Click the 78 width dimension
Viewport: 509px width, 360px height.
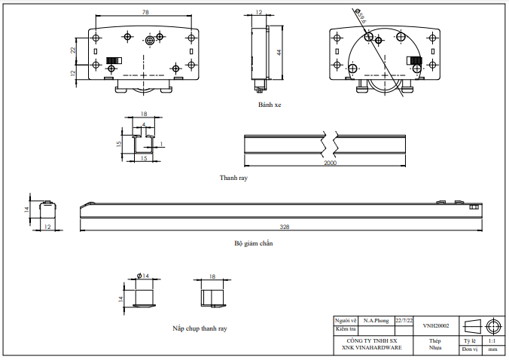pos(145,13)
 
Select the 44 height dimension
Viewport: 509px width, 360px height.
pos(279,52)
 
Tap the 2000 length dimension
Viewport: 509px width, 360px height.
pos(330,163)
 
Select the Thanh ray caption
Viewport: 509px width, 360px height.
pos(233,178)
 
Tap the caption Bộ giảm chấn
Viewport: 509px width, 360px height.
pos(253,244)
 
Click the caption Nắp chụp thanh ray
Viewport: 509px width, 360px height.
pos(200,328)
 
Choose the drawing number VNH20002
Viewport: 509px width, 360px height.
pos(435,326)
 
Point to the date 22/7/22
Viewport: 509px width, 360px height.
pos(404,320)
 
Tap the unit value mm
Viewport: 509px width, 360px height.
pos(492,349)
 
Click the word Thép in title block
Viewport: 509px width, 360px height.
pos(434,341)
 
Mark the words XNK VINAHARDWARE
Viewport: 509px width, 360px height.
pos(371,348)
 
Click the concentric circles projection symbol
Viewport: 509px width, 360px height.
pos(493,325)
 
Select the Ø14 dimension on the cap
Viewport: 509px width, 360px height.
pos(143,276)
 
